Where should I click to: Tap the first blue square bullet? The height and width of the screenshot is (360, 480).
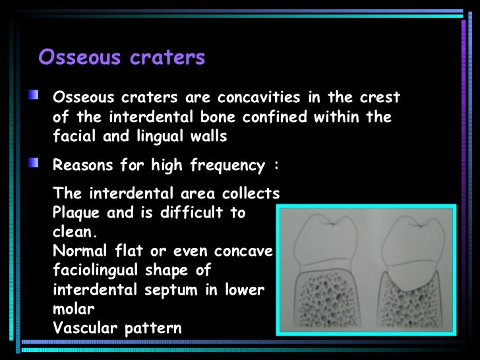(x=33, y=98)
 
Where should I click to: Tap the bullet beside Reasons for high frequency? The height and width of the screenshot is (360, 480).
(x=33, y=164)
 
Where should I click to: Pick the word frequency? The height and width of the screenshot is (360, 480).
(x=230, y=165)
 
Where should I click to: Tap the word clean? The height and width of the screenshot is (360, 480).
(x=75, y=233)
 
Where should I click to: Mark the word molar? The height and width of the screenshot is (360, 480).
(x=70, y=309)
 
